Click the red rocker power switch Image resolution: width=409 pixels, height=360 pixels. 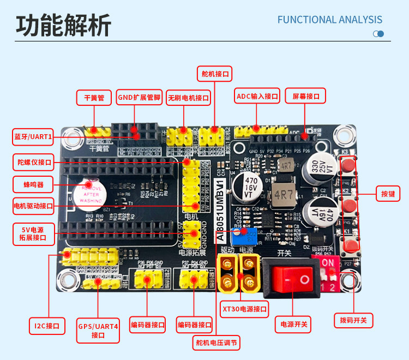pyautogui.click(x=290, y=279)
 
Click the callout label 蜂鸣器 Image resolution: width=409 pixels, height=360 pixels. pyautogui.click(x=33, y=183)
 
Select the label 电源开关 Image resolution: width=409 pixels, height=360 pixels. pyautogui.click(x=294, y=324)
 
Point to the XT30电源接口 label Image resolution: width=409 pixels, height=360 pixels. pyautogui.click(x=245, y=309)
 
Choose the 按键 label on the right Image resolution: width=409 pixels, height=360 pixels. pyautogui.click(x=388, y=193)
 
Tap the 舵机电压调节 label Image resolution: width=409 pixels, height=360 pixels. pyautogui.click(x=216, y=343)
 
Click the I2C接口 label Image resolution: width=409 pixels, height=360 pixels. pyautogui.click(x=46, y=326)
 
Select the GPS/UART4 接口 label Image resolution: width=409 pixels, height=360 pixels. pyautogui.click(x=98, y=330)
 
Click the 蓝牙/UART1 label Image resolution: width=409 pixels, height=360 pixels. pyautogui.click(x=33, y=136)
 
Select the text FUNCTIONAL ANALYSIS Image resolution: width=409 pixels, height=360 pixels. pyautogui.click(x=330, y=20)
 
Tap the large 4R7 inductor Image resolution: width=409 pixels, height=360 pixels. pyautogui.click(x=284, y=195)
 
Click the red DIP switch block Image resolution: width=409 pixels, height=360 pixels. pyautogui.click(x=328, y=267)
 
